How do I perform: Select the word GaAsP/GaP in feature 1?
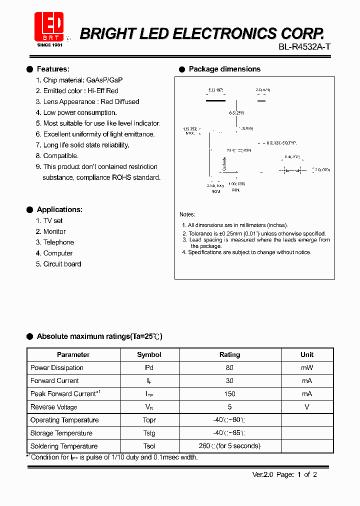pos(104,80)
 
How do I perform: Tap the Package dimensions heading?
pos(224,69)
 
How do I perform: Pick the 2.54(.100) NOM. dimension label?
pos(215,188)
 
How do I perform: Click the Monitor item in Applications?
pos(54,231)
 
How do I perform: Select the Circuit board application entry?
pos(62,264)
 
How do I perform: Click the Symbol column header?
pos(149,354)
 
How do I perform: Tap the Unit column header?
pos(307,354)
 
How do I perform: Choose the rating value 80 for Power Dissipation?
pos(229,367)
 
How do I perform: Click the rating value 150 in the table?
pos(229,394)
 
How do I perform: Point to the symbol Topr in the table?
pos(149,420)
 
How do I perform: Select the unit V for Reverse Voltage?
pos(307,407)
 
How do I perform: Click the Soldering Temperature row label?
pos(64,446)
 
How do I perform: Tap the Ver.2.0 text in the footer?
pos(263,474)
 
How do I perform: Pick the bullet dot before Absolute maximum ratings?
pos(30,336)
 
